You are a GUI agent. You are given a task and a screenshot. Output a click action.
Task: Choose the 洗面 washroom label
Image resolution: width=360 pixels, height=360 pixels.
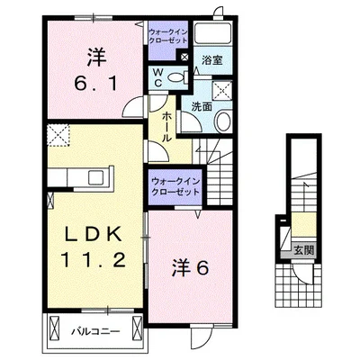(x=202, y=106)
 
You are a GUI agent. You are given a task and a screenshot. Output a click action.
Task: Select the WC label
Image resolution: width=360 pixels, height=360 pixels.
(x=157, y=76)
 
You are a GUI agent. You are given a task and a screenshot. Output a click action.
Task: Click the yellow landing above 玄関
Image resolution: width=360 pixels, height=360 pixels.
(x=298, y=225)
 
